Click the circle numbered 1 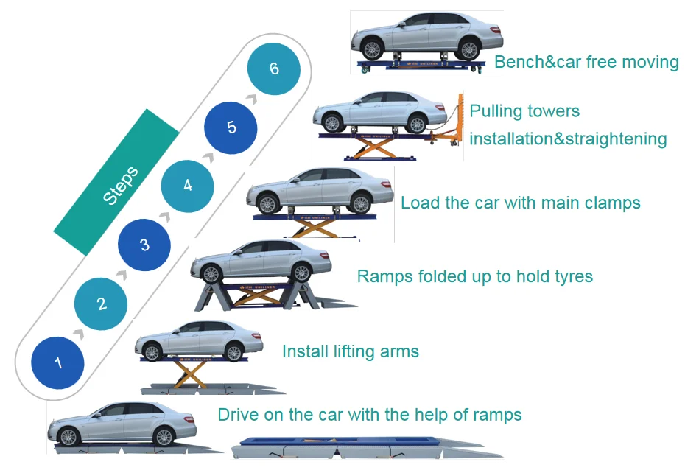[x=58, y=362]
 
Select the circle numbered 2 [x=102, y=303]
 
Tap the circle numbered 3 [x=144, y=245]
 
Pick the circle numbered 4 [x=188, y=186]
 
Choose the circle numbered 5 [x=231, y=127]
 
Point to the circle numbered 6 [x=274, y=69]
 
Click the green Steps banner [x=117, y=182]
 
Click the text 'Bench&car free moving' [x=586, y=62]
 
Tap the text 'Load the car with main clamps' [x=520, y=203]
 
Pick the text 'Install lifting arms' [x=350, y=351]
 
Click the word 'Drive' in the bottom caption [x=237, y=415]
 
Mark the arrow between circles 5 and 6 [x=253, y=98]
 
